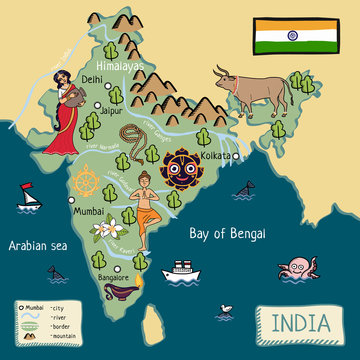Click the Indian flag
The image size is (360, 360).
click(x=283, y=35)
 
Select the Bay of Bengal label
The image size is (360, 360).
click(x=228, y=233)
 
